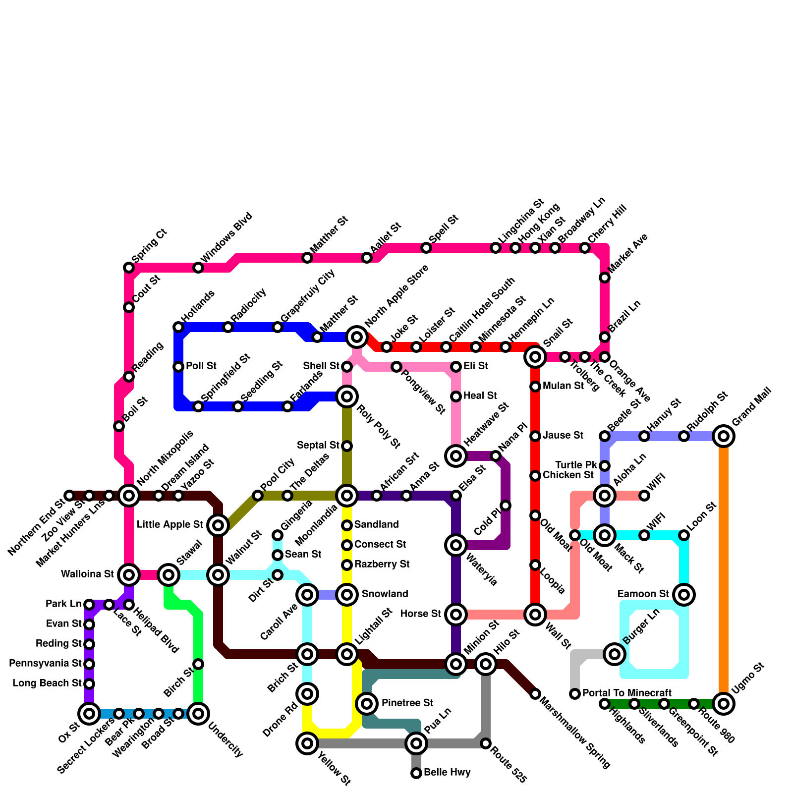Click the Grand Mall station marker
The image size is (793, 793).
point(724,436)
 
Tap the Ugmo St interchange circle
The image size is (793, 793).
point(724,703)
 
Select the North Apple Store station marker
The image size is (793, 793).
point(357,337)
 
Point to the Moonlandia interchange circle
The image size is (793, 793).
point(347,495)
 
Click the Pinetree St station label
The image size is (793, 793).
point(407,703)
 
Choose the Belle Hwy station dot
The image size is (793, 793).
point(416,773)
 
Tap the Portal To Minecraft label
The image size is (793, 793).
point(627,693)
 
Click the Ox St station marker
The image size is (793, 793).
point(89,714)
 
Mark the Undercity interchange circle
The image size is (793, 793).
point(198,714)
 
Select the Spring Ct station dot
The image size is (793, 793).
point(129,268)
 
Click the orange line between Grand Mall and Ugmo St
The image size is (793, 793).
point(724,570)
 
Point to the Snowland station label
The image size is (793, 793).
point(385,594)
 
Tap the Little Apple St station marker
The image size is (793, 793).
point(218,525)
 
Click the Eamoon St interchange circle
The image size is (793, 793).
point(684,594)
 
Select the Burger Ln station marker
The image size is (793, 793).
point(615,654)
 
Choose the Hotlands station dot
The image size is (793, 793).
point(178,327)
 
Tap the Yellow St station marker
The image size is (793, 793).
point(307,743)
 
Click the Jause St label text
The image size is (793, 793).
point(563,436)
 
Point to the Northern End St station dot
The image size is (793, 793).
point(69,496)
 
